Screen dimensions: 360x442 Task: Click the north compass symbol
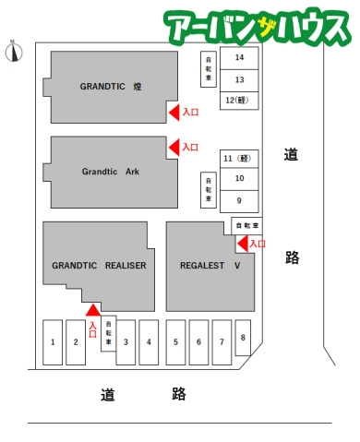[x=14, y=52]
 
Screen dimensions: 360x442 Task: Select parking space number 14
[x=239, y=58]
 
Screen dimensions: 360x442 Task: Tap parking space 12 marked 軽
[x=239, y=101]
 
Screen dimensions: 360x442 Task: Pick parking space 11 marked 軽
[x=239, y=159]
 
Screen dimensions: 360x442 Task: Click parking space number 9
[x=239, y=201]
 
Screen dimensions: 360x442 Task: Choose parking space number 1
[x=53, y=342]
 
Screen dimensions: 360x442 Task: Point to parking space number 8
[x=243, y=338]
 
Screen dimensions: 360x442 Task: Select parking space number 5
[x=175, y=342]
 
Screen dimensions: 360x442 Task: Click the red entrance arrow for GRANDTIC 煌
[x=174, y=113]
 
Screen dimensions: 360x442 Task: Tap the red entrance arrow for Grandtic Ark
[x=174, y=148]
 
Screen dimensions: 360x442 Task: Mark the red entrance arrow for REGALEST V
[x=243, y=244]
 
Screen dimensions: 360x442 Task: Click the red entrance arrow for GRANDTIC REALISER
[x=93, y=310]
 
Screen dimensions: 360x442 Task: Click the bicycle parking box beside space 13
[x=209, y=69]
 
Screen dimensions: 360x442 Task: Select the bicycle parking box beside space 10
[x=209, y=190]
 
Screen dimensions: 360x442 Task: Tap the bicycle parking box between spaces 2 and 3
[x=109, y=333]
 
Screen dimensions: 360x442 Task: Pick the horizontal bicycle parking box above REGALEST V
[x=246, y=226]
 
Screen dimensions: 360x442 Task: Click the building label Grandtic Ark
[x=111, y=172]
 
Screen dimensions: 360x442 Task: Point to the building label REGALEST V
[x=210, y=266]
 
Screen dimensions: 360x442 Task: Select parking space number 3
[x=126, y=342]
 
